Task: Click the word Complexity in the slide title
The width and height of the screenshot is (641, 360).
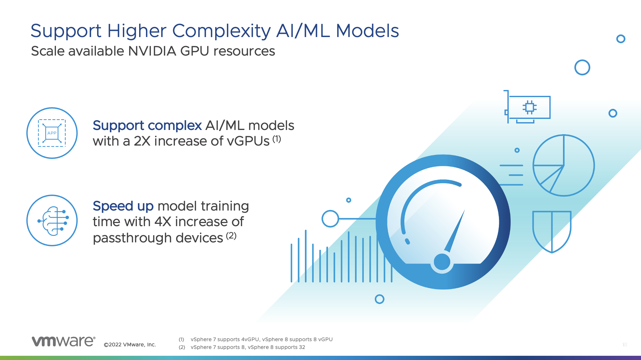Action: click(221, 31)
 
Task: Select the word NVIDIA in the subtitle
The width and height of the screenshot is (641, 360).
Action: click(152, 51)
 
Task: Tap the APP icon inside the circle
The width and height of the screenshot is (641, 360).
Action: click(52, 133)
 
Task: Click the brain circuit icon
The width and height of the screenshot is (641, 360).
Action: click(53, 221)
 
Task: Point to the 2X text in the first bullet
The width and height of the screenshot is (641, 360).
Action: click(142, 141)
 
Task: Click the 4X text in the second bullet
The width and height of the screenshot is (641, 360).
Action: click(163, 222)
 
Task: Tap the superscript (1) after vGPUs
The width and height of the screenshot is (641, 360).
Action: click(277, 139)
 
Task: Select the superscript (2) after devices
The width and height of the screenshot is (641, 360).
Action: click(231, 235)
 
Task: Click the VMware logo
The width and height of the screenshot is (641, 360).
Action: click(63, 341)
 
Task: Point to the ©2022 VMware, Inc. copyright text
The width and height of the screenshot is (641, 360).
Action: click(130, 345)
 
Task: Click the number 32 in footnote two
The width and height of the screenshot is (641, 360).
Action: click(302, 347)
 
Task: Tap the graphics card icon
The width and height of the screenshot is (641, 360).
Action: click(527, 107)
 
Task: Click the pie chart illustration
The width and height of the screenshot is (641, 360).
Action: click(564, 165)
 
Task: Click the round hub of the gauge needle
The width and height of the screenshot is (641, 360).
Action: click(442, 262)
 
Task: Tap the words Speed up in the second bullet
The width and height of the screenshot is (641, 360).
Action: click(123, 206)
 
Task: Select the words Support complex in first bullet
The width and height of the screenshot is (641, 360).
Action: click(147, 125)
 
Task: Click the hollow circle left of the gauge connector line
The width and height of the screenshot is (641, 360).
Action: click(330, 219)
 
